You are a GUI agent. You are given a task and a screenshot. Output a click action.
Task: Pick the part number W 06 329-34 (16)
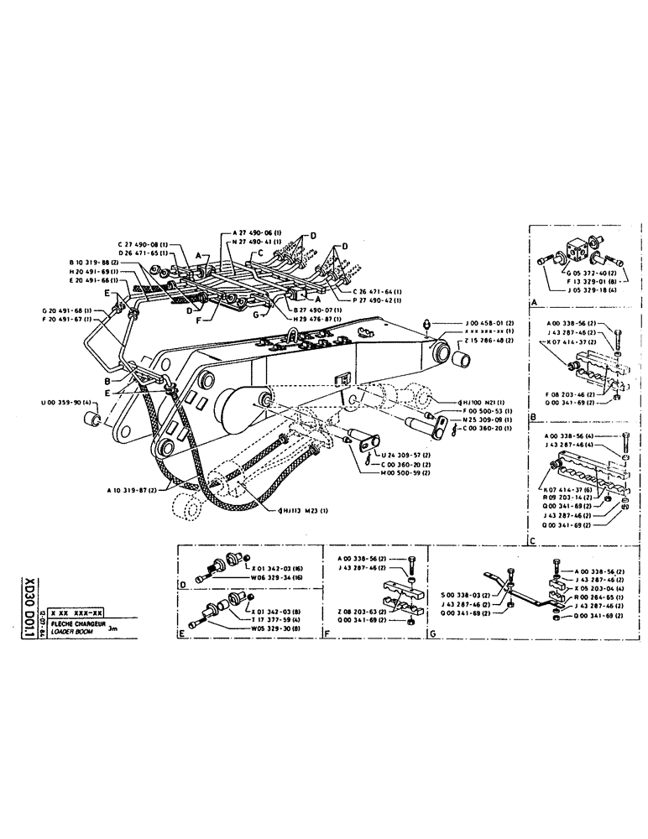pyautogui.click(x=280, y=578)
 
